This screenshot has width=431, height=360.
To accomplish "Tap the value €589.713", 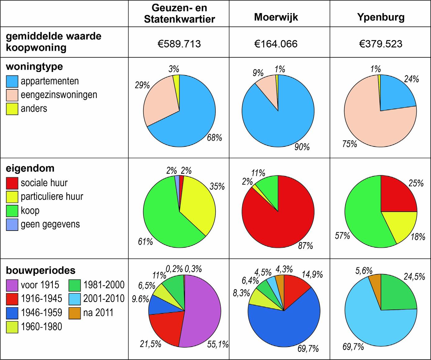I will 179,43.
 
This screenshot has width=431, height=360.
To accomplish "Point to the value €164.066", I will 276,43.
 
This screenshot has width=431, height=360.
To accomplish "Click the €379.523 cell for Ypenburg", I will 381,43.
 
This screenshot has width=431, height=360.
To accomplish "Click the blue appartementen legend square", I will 12,82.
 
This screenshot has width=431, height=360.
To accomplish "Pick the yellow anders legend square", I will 12,109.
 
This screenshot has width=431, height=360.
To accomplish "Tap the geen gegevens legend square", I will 12,225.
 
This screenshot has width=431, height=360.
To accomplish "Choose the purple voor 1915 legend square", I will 12,285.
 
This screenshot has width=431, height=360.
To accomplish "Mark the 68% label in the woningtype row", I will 215,137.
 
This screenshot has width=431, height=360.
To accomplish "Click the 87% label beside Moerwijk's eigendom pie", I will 306,246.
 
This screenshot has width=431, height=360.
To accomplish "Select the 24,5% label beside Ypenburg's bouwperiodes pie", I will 415,277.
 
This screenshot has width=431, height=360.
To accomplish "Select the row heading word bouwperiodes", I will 41,270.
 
